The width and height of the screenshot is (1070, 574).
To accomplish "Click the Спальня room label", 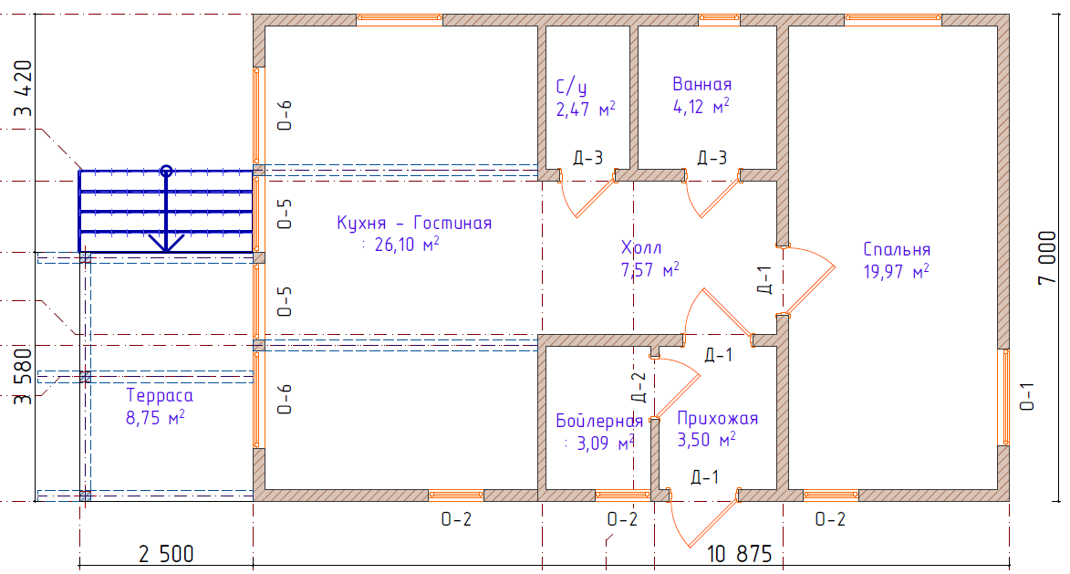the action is [x=897, y=250].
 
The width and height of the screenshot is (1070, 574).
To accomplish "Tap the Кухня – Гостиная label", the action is [x=414, y=224].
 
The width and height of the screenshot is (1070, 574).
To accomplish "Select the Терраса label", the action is [x=160, y=396].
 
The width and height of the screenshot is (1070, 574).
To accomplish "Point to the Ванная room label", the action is [x=702, y=84].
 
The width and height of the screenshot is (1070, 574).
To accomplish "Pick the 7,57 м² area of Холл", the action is [x=649, y=270].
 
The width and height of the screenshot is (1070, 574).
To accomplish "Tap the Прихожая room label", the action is [x=717, y=418].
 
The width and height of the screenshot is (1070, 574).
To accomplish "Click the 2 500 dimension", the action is [x=166, y=554].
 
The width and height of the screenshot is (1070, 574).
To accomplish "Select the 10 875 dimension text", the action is [x=740, y=554].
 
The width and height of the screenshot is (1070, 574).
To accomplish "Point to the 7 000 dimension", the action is [x=1047, y=257].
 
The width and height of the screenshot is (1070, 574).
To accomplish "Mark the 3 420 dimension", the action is [x=23, y=88].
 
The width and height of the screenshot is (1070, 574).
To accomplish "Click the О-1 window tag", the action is [x=1027, y=397].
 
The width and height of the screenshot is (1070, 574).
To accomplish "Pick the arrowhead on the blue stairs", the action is [x=166, y=243].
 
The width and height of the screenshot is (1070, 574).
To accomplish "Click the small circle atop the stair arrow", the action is [x=166, y=171].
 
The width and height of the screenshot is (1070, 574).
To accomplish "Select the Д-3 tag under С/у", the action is [x=587, y=159].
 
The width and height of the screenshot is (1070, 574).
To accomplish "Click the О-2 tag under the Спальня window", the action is [x=830, y=519].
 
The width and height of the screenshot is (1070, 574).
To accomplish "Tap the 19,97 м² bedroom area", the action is [x=896, y=272].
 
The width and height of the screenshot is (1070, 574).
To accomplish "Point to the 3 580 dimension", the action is [x=23, y=376].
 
